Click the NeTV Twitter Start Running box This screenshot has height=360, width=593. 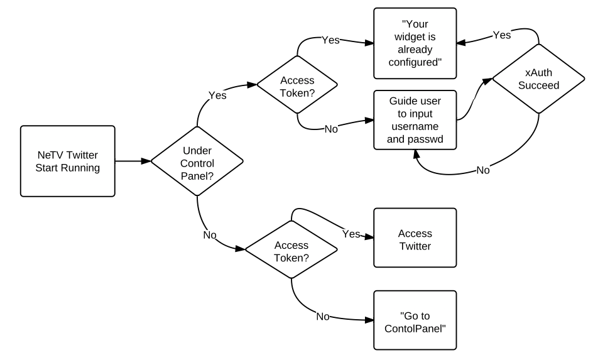coord(68,161)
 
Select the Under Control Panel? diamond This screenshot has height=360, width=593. coord(197,161)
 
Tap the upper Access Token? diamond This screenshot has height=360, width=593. coord(297,85)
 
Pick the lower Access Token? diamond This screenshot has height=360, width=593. coord(291,249)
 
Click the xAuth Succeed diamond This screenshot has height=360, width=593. coord(538,79)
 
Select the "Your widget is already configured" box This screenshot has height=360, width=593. coord(415,43)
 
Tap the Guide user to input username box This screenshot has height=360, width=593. coord(415,120)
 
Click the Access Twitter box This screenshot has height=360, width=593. coord(415,238)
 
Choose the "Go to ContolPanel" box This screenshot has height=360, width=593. coord(415,320)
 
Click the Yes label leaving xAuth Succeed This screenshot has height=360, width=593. coord(502,35)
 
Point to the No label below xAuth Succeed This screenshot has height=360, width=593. coord(483,170)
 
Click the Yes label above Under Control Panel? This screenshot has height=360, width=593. coord(217,95)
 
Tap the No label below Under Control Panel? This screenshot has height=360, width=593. coord(210,235)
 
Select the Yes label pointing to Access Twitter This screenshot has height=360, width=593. coord(351,234)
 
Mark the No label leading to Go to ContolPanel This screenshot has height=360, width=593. coord(323,317)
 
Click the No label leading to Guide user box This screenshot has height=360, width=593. coord(331,129)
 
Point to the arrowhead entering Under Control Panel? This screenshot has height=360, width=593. coord(146,161)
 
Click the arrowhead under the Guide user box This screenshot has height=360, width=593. coord(416,155)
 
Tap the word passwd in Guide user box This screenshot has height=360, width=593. coord(427,139)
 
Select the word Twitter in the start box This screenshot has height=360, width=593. coord(82,155)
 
